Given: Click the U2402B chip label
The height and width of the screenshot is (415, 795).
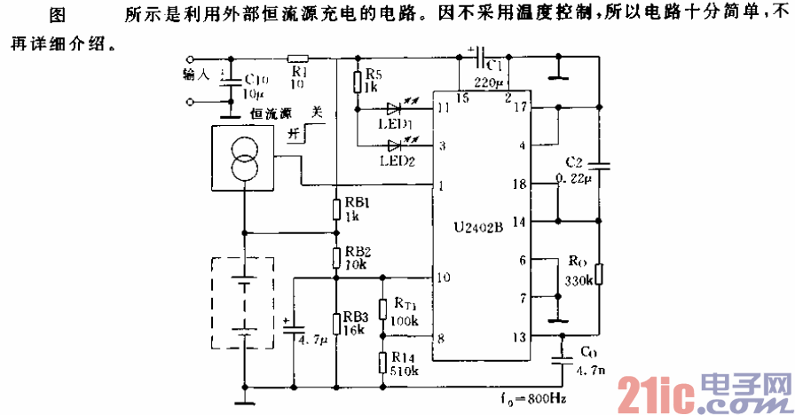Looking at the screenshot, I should click(x=476, y=227).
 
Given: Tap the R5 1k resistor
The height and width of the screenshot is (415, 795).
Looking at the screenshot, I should click(x=357, y=82).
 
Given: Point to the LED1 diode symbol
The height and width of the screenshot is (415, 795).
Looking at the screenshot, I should click(x=394, y=108).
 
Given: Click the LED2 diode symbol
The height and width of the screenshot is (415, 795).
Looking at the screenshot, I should click(x=394, y=145).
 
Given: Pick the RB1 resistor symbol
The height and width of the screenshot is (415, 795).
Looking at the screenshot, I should click(x=335, y=208).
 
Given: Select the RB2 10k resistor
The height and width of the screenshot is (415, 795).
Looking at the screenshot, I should click(x=335, y=257).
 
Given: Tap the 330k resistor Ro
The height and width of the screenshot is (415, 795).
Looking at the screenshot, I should click(x=599, y=274).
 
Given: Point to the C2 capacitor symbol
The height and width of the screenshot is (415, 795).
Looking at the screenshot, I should click(x=599, y=164).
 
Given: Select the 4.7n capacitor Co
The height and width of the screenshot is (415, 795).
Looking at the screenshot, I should click(x=563, y=359).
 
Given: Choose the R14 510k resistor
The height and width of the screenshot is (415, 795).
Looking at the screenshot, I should click(x=382, y=363).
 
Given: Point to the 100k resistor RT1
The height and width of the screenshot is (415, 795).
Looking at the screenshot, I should click(x=382, y=308).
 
